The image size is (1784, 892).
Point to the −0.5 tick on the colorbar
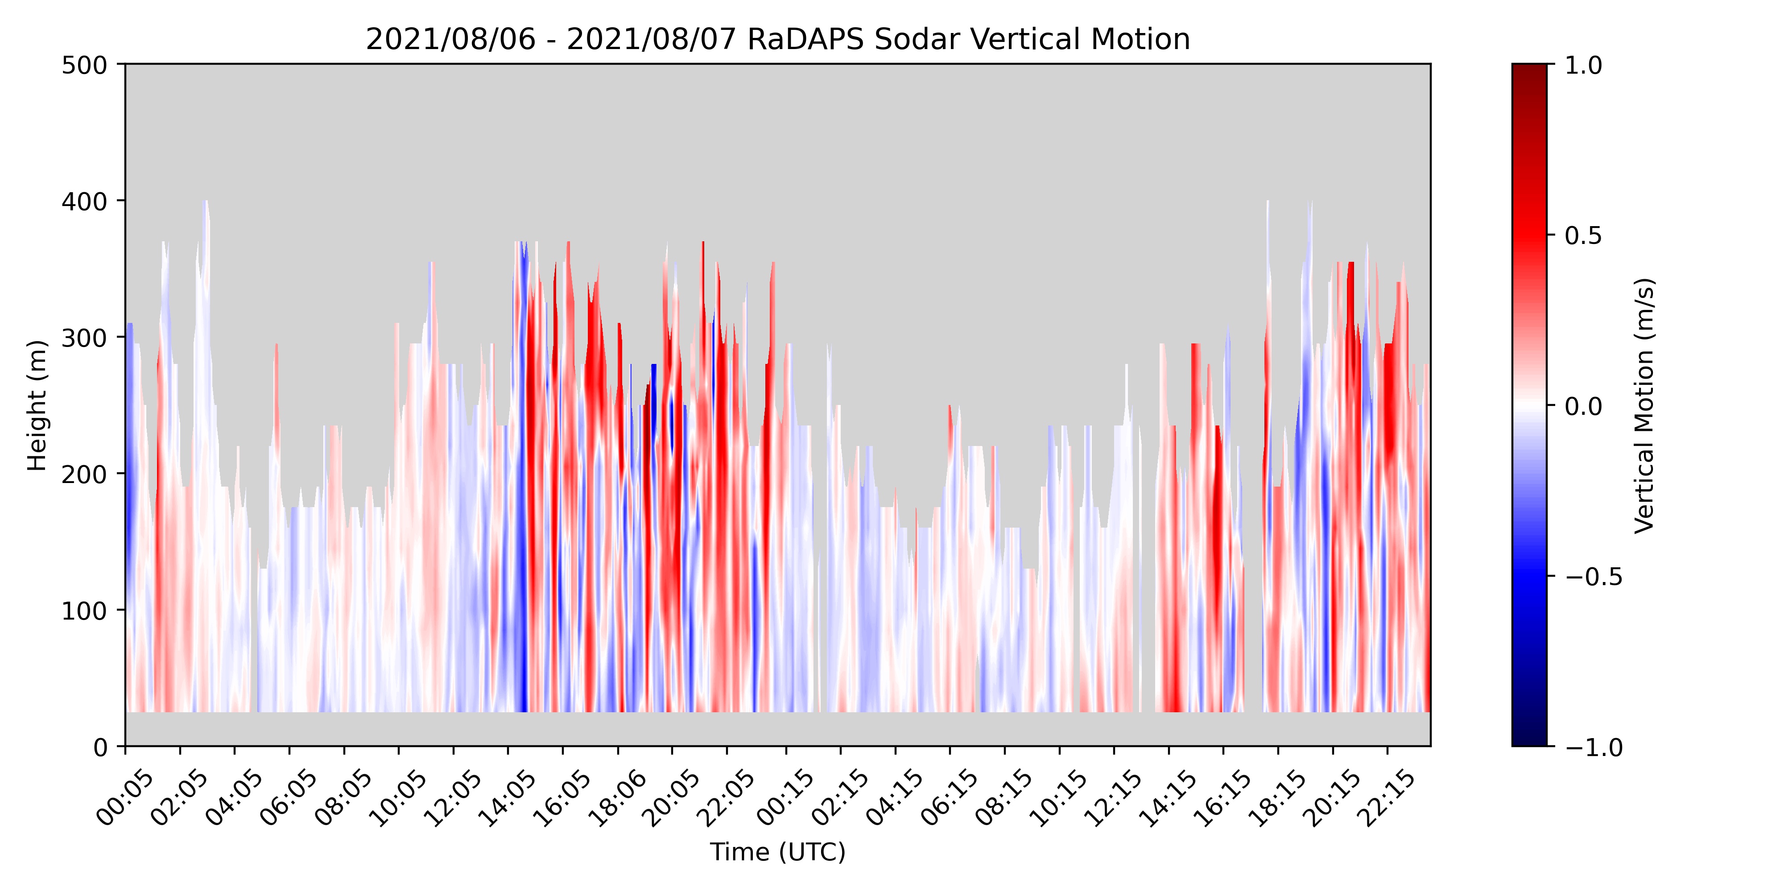pos(1593,576)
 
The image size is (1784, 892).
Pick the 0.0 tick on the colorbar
pos(1583,406)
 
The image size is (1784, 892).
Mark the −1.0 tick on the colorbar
pos(1593,747)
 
